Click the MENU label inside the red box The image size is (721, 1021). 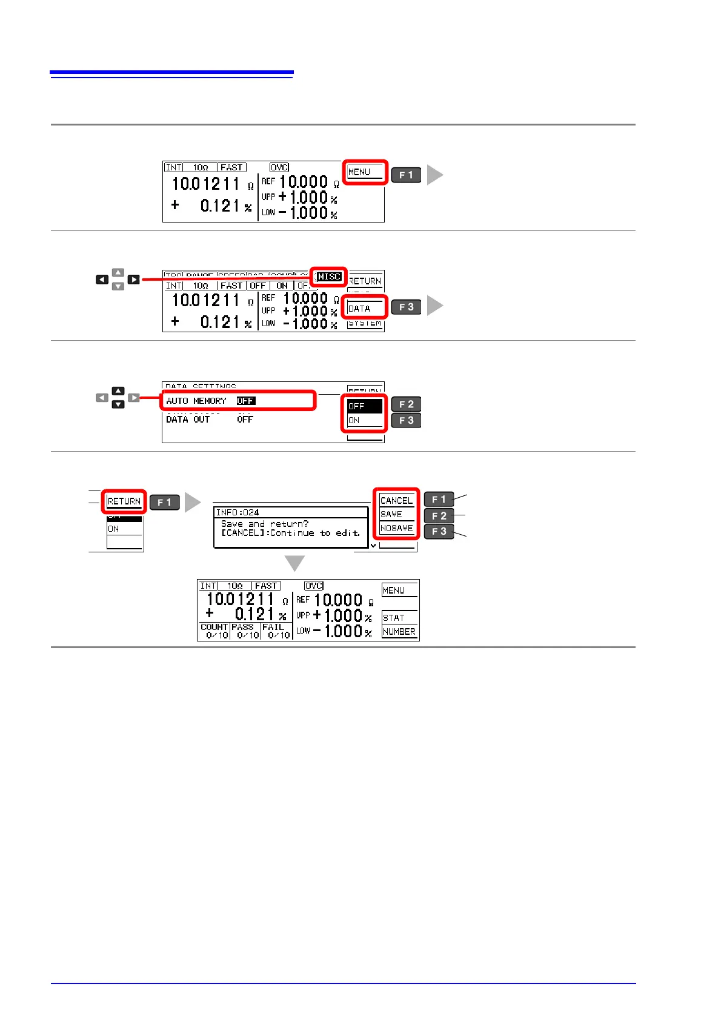[359, 172]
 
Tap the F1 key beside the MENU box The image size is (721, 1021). [406, 175]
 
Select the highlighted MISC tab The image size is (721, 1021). [330, 276]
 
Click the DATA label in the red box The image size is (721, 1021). [359, 309]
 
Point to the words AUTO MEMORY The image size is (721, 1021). [196, 401]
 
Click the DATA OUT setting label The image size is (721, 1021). [188, 420]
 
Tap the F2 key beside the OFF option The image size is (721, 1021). [406, 404]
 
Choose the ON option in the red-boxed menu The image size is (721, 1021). [354, 420]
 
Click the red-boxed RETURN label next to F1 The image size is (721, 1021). [124, 501]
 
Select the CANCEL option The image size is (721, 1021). [396, 501]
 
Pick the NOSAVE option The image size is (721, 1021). [396, 528]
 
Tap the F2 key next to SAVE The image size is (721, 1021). [439, 516]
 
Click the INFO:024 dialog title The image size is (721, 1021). [238, 512]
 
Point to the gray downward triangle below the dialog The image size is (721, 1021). [295, 563]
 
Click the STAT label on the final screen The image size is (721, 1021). [393, 618]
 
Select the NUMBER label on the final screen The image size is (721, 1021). [399, 632]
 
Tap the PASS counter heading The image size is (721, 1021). [242, 627]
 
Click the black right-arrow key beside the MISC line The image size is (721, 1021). [134, 280]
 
